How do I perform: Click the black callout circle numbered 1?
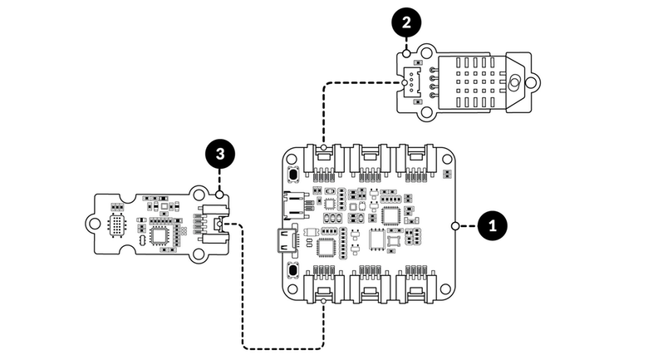click(493, 225)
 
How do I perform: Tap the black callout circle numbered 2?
click(405, 24)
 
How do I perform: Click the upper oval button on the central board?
click(293, 175)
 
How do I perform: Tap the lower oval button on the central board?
click(293, 273)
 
